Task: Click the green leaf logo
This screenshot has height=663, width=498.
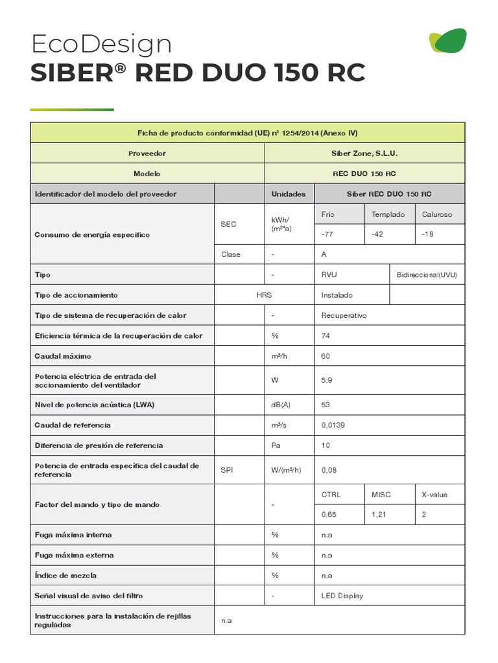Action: (448, 41)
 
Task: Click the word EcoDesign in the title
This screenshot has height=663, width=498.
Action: (101, 44)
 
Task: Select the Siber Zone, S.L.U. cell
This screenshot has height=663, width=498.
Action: (364, 153)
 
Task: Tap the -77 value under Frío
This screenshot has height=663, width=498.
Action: (328, 234)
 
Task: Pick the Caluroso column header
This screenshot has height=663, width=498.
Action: (437, 214)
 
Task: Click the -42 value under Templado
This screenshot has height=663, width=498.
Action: (377, 234)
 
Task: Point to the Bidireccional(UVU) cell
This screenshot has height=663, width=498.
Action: (427, 275)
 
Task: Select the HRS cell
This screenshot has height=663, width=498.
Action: (264, 295)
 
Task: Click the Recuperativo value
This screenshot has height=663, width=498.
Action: (344, 315)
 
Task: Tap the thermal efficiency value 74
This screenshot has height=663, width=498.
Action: (326, 335)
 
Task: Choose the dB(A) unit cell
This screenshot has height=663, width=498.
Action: (281, 405)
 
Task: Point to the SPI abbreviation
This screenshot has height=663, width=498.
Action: (227, 469)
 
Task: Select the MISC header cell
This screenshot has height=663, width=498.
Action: (381, 494)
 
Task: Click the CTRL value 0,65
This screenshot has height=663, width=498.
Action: (330, 514)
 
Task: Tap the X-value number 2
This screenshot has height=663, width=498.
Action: (424, 514)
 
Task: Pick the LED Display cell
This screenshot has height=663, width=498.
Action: (342, 596)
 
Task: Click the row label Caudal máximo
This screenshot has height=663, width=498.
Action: (63, 356)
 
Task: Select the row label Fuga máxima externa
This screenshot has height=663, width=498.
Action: (74, 555)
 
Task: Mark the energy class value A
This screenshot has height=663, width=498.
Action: (324, 254)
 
